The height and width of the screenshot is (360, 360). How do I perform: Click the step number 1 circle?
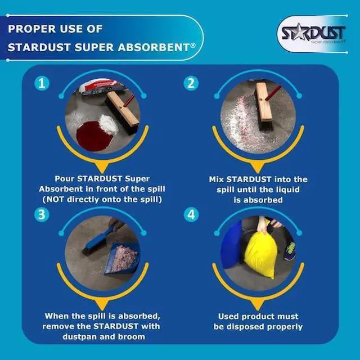tap(42, 84)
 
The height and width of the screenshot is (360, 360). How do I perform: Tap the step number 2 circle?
tap(191, 84)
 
